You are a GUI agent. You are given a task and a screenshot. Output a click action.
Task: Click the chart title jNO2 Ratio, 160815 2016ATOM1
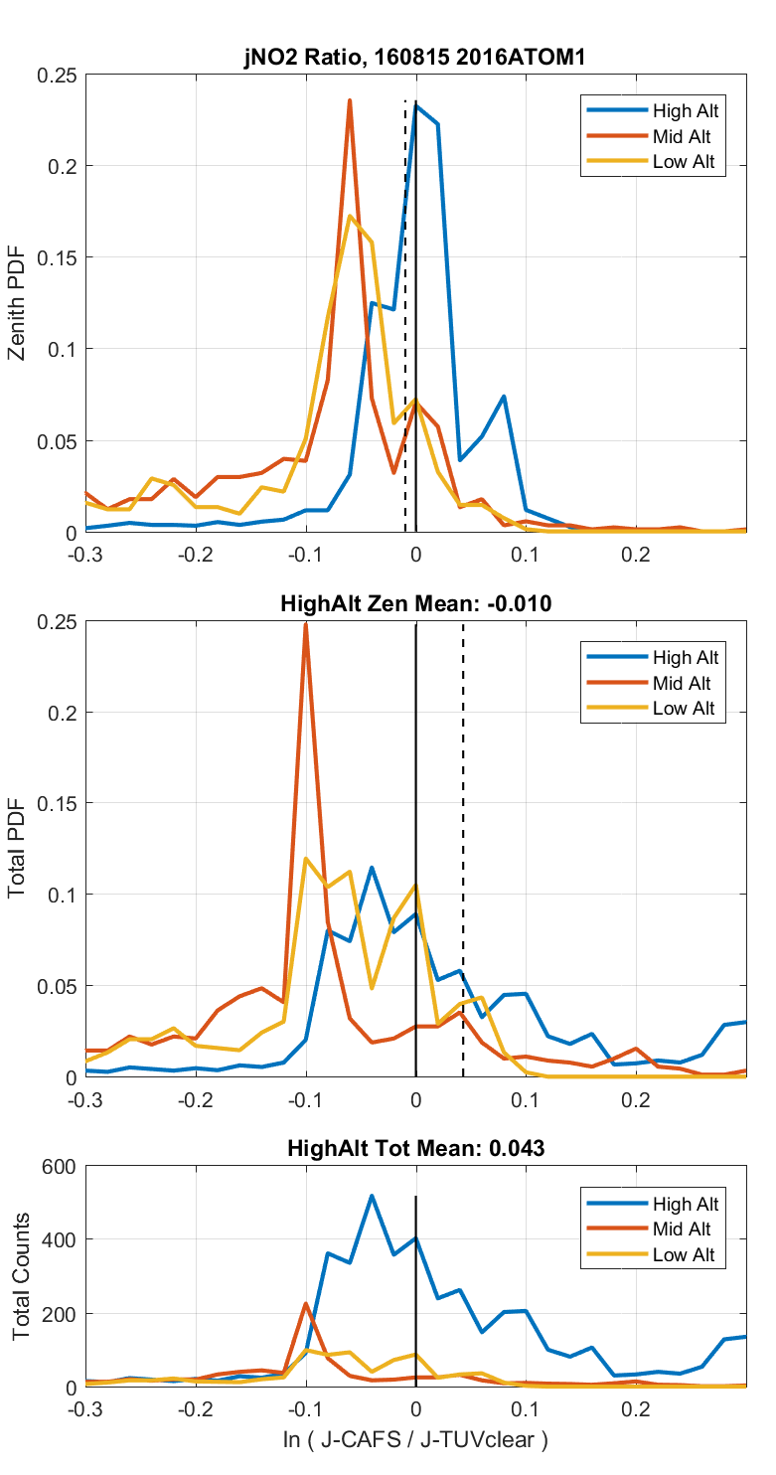[x=415, y=58]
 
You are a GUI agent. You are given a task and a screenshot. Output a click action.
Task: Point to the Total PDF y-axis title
[x=17, y=849]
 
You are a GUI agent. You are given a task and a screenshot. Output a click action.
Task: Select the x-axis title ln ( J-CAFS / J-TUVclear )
[x=415, y=1439]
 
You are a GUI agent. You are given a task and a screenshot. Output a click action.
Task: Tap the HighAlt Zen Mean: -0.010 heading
[x=415, y=602]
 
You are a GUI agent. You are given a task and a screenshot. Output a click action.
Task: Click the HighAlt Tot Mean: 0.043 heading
[x=415, y=1148]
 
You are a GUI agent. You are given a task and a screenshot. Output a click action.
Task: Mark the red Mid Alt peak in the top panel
[x=350, y=100]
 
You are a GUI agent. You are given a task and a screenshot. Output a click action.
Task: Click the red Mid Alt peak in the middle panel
[x=306, y=624]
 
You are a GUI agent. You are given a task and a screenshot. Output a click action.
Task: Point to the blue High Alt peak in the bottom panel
[x=372, y=1196]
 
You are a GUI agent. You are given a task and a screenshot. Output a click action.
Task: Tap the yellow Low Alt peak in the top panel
[x=350, y=217]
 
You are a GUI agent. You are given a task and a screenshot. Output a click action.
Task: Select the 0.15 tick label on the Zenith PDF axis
[x=56, y=257]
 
